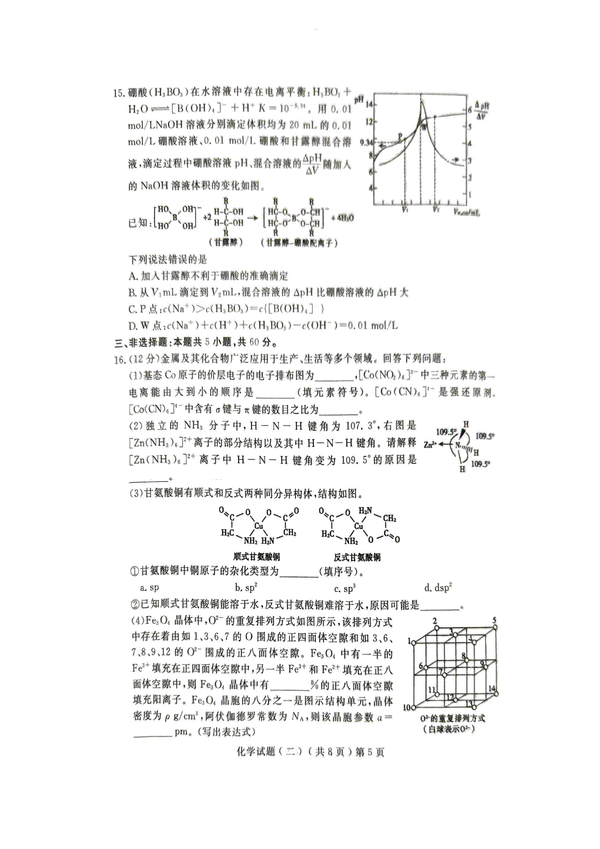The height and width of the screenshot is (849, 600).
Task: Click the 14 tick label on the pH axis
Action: pyautogui.click(x=369, y=104)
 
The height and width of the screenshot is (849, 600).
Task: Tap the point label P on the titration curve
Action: pyautogui.click(x=400, y=135)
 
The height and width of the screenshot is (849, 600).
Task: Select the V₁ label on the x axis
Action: pyautogui.click(x=404, y=210)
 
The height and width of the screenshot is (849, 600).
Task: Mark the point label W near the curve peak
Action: pyautogui.click(x=424, y=127)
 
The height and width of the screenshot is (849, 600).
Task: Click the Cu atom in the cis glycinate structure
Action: pyautogui.click(x=258, y=526)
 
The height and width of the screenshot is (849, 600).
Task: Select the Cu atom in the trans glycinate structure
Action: pyautogui.click(x=358, y=526)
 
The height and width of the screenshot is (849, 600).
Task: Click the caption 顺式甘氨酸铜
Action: pyautogui.click(x=256, y=557)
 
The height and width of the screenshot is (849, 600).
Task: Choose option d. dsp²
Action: pyautogui.click(x=438, y=588)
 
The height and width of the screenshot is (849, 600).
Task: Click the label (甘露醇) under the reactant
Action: pyautogui.click(x=225, y=242)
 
